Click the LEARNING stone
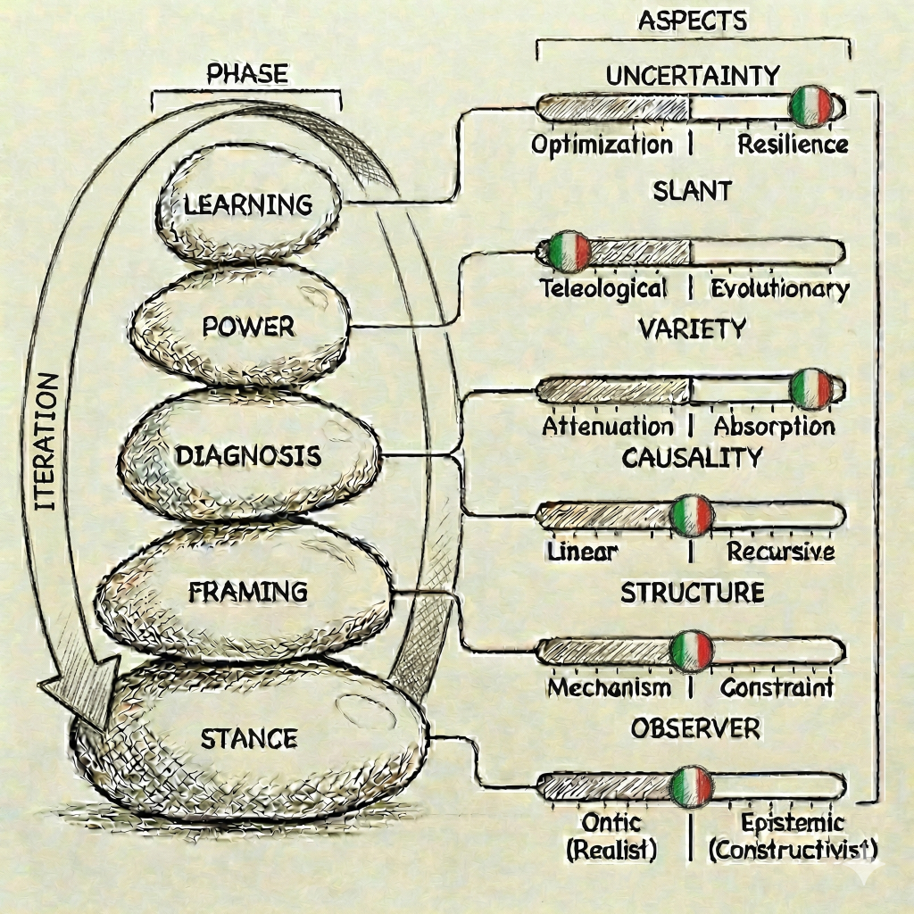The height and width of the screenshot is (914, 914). click(x=248, y=204)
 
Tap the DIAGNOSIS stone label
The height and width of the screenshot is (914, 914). click(x=248, y=456)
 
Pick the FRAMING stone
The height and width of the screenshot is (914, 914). click(x=248, y=592)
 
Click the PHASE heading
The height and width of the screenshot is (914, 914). click(x=247, y=73)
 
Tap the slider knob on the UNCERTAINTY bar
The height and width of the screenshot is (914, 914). click(x=811, y=106)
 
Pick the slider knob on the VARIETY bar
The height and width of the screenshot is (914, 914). click(x=811, y=388)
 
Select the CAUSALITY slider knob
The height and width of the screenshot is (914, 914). click(x=692, y=515)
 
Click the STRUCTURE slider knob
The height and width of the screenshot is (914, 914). click(x=692, y=651)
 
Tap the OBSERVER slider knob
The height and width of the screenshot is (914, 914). click(x=692, y=785)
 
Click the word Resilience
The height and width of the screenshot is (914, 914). click(x=793, y=145)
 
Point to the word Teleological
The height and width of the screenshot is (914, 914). click(x=604, y=288)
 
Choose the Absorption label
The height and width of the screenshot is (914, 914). click(x=775, y=426)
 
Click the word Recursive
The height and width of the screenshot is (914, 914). click(x=781, y=552)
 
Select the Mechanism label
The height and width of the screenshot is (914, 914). click(x=610, y=687)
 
